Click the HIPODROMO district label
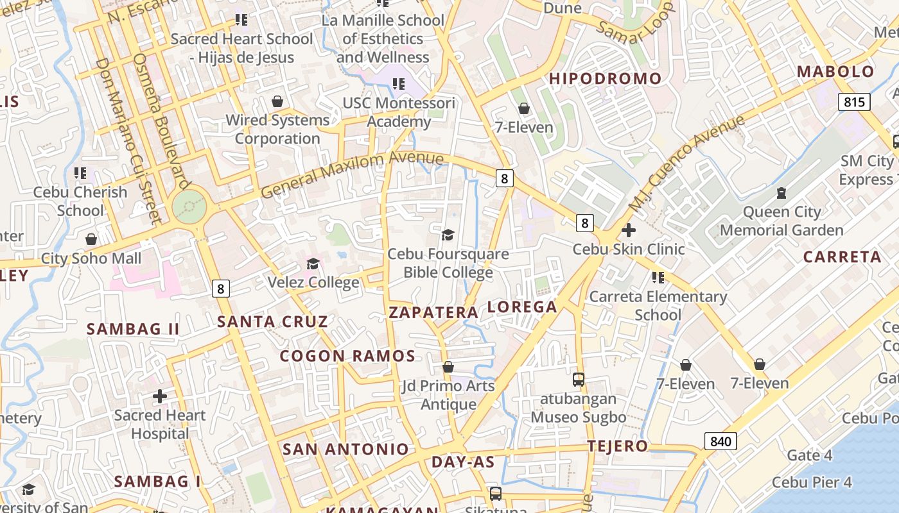[605, 79]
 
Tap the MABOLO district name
[835, 72]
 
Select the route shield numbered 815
[853, 102]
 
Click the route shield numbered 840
[720, 441]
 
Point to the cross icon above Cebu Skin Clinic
[629, 230]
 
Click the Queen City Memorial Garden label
[781, 221]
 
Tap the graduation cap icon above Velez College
[313, 264]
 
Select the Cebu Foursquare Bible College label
[448, 263]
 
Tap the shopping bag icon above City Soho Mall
[91, 239]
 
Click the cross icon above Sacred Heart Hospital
[160, 397]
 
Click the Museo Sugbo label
[578, 417]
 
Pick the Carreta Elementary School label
[658, 305]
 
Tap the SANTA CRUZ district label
[272, 322]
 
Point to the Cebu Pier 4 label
[812, 482]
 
